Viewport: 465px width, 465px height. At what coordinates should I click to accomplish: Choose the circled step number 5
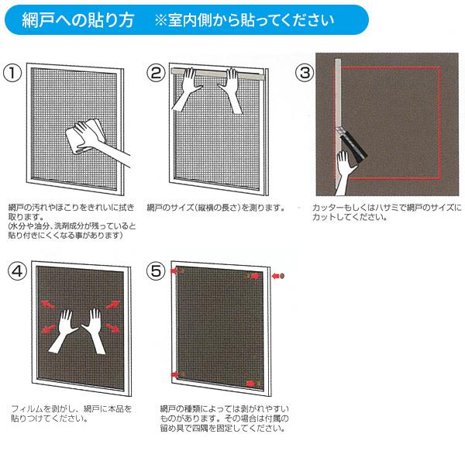tap(156, 271)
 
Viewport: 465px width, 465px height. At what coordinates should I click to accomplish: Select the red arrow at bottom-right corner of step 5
tap(252, 384)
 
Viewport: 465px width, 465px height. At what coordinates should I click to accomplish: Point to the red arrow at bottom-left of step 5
tap(174, 376)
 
